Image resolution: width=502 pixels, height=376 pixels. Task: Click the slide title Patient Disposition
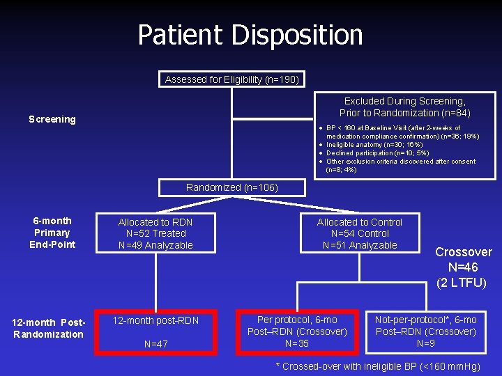[x=250, y=35]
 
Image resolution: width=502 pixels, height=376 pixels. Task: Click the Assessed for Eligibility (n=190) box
[x=231, y=79]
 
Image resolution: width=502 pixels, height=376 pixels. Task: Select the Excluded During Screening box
[x=405, y=107]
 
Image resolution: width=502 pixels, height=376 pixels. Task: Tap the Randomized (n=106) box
[x=231, y=187]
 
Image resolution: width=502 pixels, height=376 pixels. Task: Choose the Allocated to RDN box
[x=155, y=233]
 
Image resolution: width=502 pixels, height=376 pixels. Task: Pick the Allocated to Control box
[x=360, y=233]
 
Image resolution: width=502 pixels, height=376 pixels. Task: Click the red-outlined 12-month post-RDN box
[x=155, y=331]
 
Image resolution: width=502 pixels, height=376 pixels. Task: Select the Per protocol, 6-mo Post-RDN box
[x=297, y=331]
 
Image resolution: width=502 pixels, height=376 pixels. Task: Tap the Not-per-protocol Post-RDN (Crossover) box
[x=425, y=331]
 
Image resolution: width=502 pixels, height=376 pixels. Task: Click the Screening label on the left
[x=52, y=119]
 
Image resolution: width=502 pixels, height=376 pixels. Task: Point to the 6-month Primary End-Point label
[x=52, y=233]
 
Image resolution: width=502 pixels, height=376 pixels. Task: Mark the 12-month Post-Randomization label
[x=48, y=328]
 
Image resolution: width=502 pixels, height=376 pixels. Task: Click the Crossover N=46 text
[x=464, y=259]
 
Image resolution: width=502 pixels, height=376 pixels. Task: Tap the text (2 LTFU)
[x=461, y=283]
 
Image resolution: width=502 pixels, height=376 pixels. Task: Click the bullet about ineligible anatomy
[x=374, y=145]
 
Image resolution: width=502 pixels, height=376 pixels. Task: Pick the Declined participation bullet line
[x=377, y=153]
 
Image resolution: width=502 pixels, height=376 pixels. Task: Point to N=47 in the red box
[x=155, y=344]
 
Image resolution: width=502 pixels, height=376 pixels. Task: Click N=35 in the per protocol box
[x=297, y=343]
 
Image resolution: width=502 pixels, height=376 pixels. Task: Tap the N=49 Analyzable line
[x=155, y=245]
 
